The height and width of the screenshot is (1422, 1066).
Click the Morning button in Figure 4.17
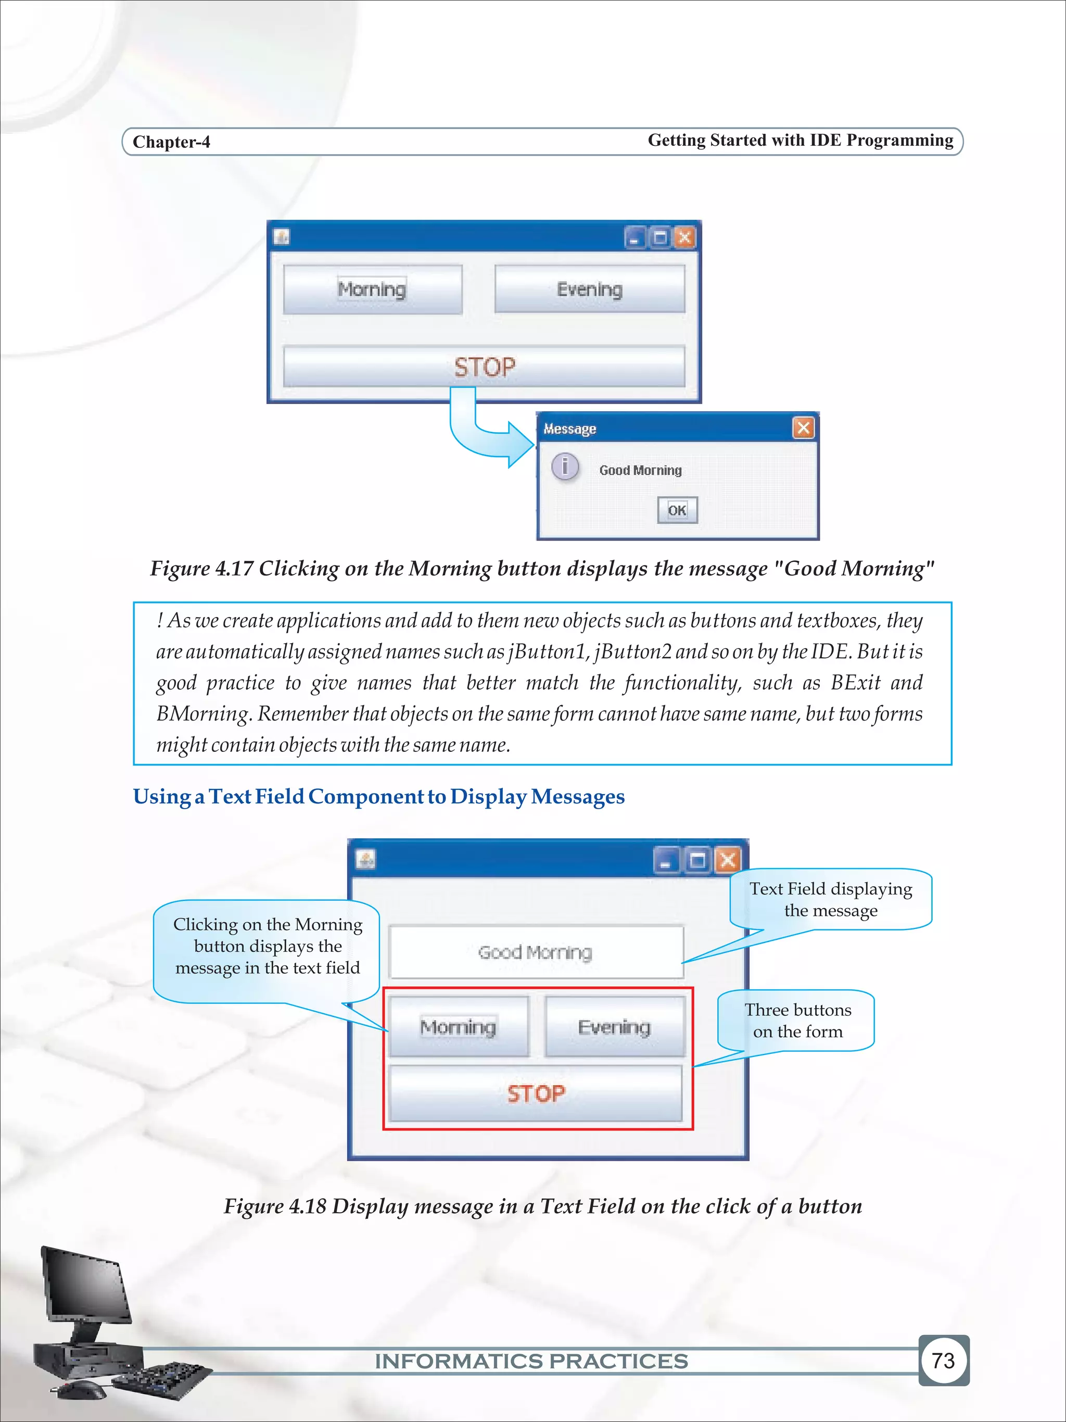point(372,290)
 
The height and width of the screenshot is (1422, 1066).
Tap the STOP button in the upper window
point(484,367)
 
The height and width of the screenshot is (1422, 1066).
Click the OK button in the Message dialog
point(677,510)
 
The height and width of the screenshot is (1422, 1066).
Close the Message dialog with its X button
point(803,428)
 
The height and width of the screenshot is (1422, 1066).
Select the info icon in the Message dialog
point(565,466)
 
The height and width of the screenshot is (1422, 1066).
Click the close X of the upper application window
point(685,238)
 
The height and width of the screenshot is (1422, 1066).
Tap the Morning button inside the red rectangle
point(458,1027)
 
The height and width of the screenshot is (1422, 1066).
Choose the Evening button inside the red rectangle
point(614,1027)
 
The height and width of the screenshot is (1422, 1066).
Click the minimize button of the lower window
point(666,861)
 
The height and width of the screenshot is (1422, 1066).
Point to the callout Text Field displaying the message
point(830,899)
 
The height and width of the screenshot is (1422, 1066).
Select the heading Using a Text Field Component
point(378,797)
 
